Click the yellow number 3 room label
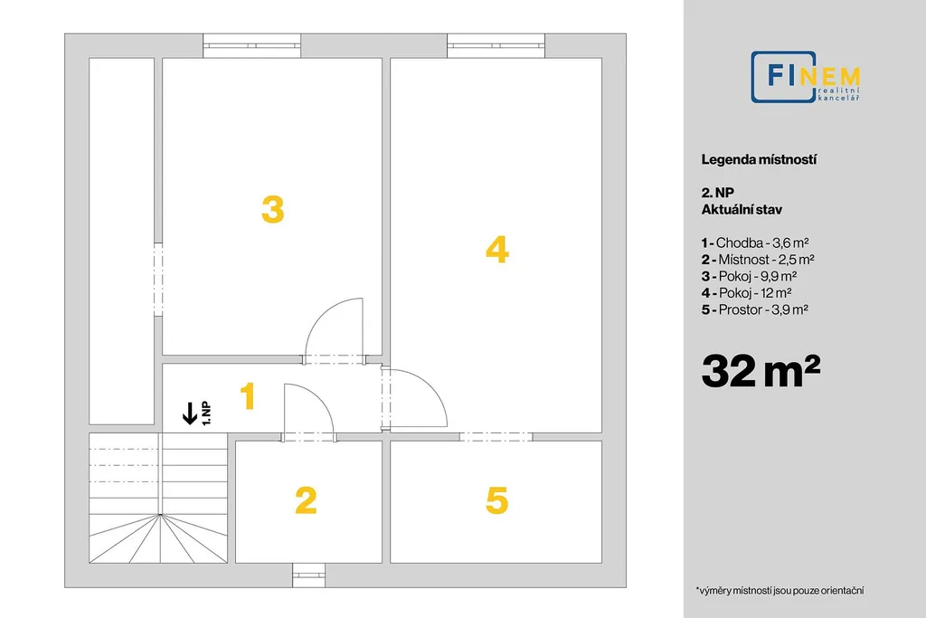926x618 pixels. (273, 210)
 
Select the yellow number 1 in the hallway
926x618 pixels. (248, 395)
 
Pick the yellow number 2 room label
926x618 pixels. (306, 500)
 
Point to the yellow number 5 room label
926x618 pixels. (496, 500)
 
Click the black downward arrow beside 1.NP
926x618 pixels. (190, 413)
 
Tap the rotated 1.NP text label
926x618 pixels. (206, 414)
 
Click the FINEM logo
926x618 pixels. (806, 77)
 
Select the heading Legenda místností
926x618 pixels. (759, 159)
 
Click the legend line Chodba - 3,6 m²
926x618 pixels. (755, 242)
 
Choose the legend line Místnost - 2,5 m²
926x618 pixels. (759, 260)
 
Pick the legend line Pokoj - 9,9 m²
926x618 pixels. (750, 276)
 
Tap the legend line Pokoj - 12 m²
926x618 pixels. (746, 292)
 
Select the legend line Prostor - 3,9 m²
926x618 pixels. (755, 309)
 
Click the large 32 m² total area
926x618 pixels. (761, 371)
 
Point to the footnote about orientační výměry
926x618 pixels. (780, 590)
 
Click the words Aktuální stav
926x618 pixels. (742, 210)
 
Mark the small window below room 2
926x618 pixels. (309, 575)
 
